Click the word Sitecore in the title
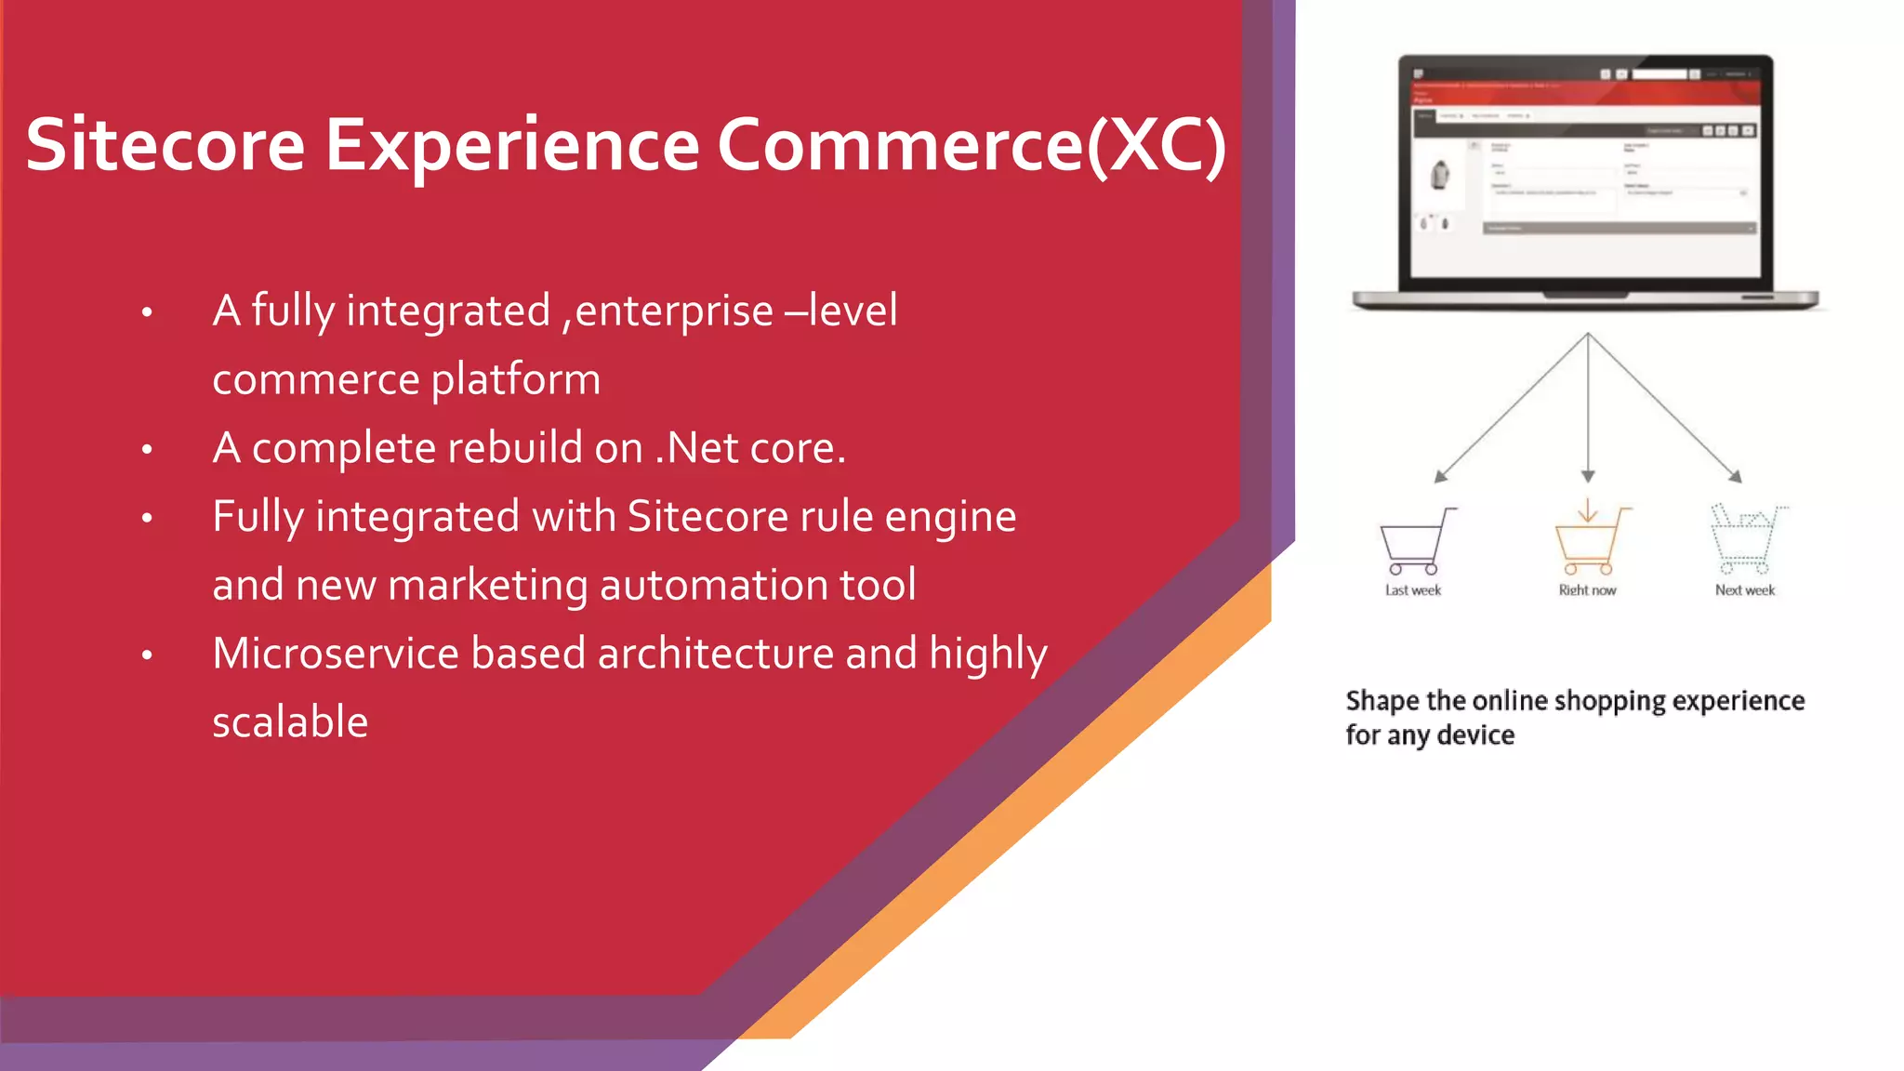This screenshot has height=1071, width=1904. tap(165, 145)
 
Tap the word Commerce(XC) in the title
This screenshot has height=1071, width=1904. tap(972, 145)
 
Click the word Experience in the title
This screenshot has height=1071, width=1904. tap(511, 145)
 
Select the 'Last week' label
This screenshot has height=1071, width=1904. tap(1412, 590)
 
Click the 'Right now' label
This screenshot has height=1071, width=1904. tap(1587, 590)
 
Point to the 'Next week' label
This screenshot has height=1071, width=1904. tap(1744, 590)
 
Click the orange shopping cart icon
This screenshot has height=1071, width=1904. tap(1590, 542)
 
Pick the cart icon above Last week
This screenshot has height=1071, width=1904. tap(1414, 542)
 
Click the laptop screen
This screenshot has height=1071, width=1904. tap(1585, 172)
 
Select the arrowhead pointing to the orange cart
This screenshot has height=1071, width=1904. tap(1588, 476)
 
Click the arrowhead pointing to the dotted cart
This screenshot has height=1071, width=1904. tap(1734, 476)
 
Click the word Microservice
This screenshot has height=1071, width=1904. tap(335, 654)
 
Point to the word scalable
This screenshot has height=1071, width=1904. tap(290, 722)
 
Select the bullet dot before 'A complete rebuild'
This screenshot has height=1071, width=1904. tap(147, 450)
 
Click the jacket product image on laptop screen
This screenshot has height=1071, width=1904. tap(1440, 175)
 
